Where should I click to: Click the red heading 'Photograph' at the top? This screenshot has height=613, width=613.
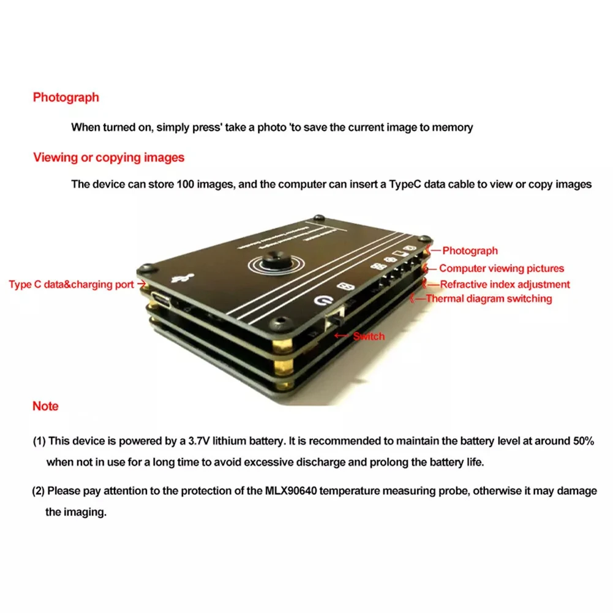click(x=66, y=97)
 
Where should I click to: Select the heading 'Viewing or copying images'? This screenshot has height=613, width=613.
click(x=108, y=157)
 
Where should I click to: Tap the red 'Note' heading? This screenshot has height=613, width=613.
click(x=45, y=406)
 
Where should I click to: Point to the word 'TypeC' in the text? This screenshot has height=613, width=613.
click(x=403, y=184)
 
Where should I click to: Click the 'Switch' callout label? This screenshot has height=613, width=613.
click(x=369, y=336)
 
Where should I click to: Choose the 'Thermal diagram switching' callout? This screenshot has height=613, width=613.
click(x=489, y=299)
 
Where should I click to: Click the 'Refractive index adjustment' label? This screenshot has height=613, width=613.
click(x=505, y=284)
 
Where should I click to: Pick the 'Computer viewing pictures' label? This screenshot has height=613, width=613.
click(x=502, y=268)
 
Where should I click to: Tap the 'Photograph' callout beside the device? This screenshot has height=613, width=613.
click(x=470, y=250)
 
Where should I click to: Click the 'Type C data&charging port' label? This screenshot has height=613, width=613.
click(x=71, y=285)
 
